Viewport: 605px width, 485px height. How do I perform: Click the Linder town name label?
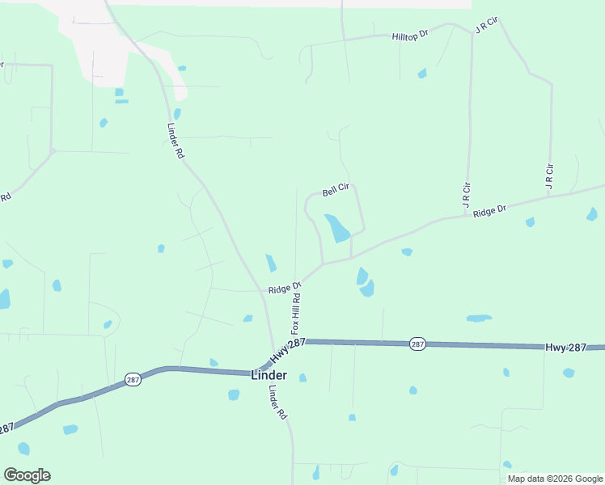point(269,376)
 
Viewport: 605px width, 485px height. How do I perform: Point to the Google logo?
point(27,475)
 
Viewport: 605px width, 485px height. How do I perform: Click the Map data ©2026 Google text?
point(555,479)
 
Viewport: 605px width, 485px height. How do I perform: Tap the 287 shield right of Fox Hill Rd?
point(417,344)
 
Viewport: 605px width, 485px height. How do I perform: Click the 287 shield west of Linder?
point(133,378)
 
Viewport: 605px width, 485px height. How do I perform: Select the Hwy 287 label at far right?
point(566,347)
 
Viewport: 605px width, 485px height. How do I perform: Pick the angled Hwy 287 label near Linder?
point(287,350)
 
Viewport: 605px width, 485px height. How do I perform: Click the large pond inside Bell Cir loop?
point(337,229)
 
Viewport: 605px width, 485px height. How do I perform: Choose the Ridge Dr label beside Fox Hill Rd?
point(285,287)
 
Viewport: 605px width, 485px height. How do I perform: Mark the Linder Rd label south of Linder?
point(277,401)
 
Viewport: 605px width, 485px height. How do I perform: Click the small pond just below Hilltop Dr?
point(422,74)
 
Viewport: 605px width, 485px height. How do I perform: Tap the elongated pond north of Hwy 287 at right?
point(479,318)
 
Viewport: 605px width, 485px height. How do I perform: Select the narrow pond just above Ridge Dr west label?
point(271,264)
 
